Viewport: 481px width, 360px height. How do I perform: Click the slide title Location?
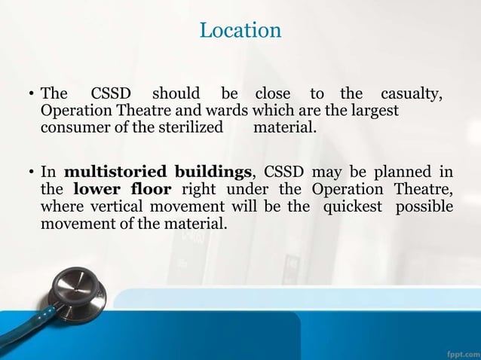240,30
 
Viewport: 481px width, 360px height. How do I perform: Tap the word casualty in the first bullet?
410,94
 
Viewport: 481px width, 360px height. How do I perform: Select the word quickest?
354,206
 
